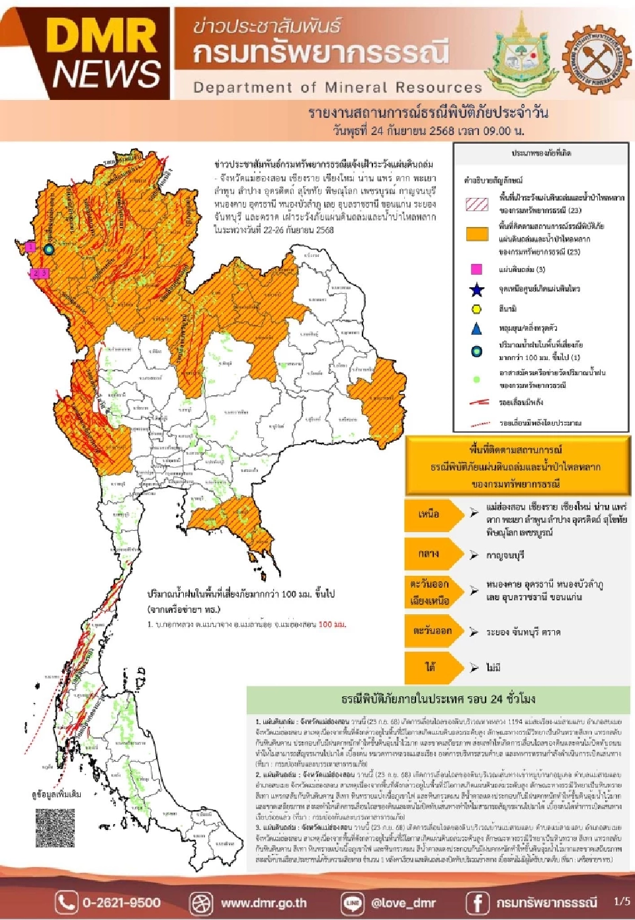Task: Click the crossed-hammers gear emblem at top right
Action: coord(597,60)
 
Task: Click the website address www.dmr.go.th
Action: coord(263,902)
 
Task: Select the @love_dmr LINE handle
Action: coord(403,902)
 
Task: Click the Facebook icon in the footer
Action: coord(477,902)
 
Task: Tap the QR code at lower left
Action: coord(55,828)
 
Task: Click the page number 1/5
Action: coord(622,901)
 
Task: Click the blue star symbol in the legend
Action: coord(476,289)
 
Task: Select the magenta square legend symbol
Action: coord(476,269)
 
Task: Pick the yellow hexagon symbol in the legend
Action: coord(476,308)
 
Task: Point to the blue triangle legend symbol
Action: coord(476,328)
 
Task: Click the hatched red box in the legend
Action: coord(477,204)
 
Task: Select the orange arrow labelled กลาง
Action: coord(430,554)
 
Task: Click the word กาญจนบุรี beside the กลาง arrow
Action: coord(505,555)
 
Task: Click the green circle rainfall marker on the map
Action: coord(49,250)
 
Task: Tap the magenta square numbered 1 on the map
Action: coord(30,247)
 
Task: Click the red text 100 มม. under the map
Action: coord(331,624)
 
